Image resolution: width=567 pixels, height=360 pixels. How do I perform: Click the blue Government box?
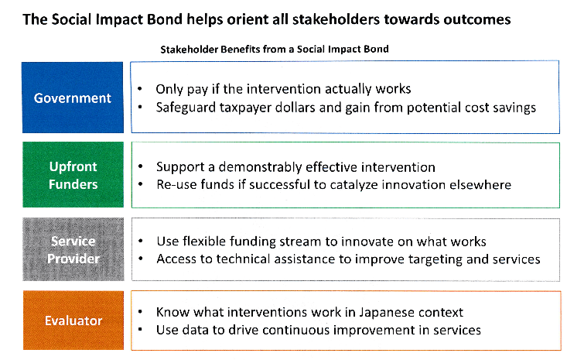pos(73,98)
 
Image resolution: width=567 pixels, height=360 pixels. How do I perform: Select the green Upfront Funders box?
pos(73,175)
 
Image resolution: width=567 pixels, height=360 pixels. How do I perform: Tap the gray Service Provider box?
pos(73,249)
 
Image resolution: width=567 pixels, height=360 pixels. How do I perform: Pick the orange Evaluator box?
pos(73,321)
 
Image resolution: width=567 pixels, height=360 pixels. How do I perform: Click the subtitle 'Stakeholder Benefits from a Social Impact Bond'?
pos(275,50)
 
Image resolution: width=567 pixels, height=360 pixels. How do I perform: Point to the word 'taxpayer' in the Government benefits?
pos(243,108)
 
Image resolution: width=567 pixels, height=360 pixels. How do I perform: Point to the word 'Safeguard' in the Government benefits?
pos(186,108)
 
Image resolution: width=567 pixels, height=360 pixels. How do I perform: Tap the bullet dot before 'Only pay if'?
pos(140,89)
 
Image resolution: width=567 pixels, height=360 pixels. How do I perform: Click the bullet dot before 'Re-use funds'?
pos(140,184)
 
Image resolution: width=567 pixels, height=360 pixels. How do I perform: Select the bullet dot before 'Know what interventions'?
pos(140,312)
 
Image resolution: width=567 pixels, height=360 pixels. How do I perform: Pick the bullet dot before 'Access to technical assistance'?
pos(140,259)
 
